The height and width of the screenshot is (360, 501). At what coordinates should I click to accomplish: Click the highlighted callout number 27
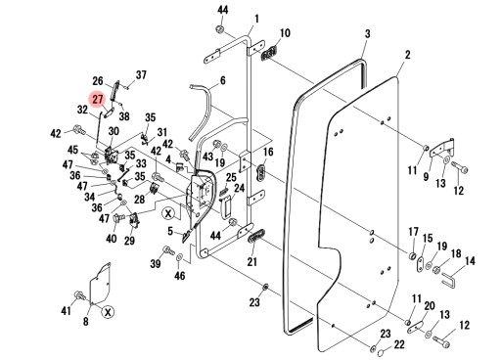pyautogui.click(x=97, y=99)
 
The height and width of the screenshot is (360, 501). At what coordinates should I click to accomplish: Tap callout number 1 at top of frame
pyautogui.click(x=255, y=19)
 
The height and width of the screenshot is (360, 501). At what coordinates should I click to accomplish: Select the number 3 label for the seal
pyautogui.click(x=366, y=34)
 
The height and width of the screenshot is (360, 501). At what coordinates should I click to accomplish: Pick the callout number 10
pyautogui.click(x=286, y=34)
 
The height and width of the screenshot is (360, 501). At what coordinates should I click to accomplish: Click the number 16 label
pyautogui.click(x=268, y=154)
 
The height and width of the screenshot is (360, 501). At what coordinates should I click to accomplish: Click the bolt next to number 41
pyautogui.click(x=79, y=295)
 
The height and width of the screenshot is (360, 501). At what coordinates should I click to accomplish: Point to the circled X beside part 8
pyautogui.click(x=108, y=311)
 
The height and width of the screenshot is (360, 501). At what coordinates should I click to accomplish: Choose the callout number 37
pyautogui.click(x=141, y=74)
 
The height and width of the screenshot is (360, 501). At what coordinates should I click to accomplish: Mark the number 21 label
pyautogui.click(x=251, y=262)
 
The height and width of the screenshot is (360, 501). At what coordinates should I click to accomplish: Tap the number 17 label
pyautogui.click(x=413, y=231)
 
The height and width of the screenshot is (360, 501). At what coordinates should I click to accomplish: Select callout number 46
pyautogui.click(x=178, y=277)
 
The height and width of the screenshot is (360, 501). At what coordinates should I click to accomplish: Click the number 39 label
pyautogui.click(x=156, y=265)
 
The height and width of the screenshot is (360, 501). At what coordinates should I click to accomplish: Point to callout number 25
pyautogui.click(x=232, y=178)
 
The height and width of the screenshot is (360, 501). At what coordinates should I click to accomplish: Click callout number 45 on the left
pyautogui.click(x=73, y=150)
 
